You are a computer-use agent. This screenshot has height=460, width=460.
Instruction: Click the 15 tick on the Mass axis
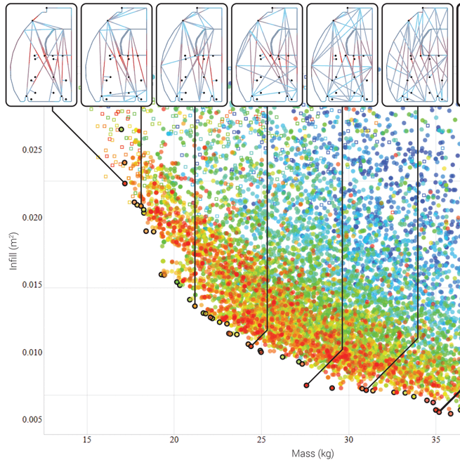[87, 440]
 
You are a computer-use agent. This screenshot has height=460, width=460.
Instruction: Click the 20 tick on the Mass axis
[174, 440]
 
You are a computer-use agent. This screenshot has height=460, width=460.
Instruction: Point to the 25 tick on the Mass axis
[261, 440]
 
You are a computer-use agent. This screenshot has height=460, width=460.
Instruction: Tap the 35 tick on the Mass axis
[436, 440]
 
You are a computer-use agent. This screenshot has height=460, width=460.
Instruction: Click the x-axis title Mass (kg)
[313, 453]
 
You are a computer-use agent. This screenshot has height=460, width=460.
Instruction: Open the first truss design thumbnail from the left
[41, 55]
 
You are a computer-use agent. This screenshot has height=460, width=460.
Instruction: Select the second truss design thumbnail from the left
[117, 55]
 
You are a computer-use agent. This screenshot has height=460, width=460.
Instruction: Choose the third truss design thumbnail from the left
[192, 55]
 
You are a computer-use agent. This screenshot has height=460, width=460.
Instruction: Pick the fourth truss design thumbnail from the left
[267, 55]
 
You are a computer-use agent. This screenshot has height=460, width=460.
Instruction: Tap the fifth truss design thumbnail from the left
[342, 55]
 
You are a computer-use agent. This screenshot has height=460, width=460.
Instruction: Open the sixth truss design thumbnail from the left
[417, 55]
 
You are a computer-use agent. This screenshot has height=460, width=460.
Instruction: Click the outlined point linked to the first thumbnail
[125, 183]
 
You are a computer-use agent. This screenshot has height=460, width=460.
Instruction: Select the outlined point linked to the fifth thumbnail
[307, 385]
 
